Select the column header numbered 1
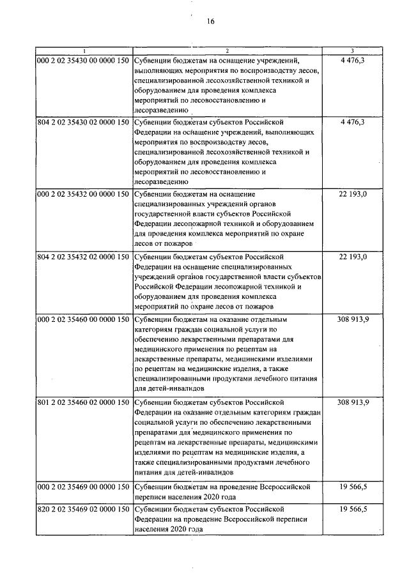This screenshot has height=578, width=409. click(83, 50)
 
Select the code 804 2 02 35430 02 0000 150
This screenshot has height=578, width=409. click(83, 121)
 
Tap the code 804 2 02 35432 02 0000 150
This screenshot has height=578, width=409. click(83, 256)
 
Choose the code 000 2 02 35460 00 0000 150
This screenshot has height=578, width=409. click(83, 318)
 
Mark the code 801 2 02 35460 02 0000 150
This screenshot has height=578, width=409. click(83, 402)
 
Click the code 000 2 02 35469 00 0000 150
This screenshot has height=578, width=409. click(83, 487)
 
